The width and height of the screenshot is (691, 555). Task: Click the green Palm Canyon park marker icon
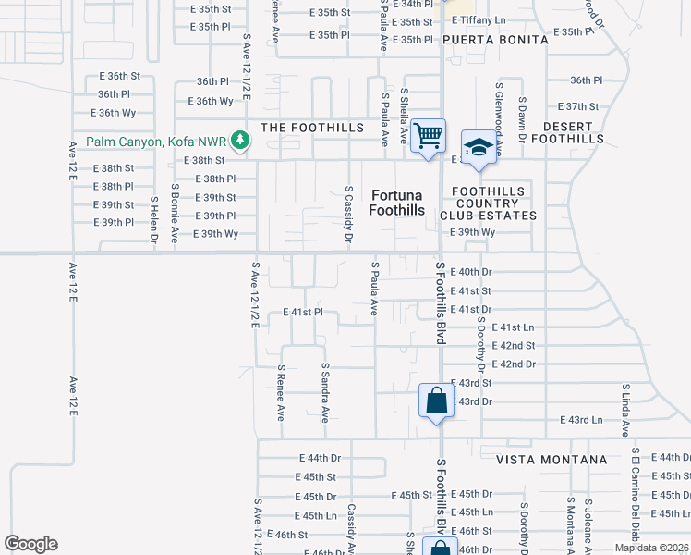coord(240,142)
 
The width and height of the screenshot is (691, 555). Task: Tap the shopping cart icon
coord(428,136)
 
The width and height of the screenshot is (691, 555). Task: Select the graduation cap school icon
coord(479,147)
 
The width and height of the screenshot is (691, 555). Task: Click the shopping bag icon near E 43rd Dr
coord(436,401)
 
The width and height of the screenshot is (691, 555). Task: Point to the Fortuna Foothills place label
coord(397,203)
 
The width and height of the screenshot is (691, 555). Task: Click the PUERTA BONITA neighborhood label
coord(494,40)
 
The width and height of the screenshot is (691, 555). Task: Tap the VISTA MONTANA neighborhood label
coord(552,459)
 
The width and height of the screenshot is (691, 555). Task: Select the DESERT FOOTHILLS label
coord(573,132)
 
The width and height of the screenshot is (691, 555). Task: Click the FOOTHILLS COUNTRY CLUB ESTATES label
coord(488,203)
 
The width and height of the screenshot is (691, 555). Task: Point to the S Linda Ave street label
coord(625,411)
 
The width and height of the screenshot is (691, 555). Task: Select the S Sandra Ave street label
coord(325,392)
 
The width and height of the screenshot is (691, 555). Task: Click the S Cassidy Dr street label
coord(349,214)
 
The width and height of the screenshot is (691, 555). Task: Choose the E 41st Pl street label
coord(302,313)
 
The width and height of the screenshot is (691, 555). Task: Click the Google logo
coord(30,543)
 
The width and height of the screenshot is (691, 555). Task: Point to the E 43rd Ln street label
coord(581,420)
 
